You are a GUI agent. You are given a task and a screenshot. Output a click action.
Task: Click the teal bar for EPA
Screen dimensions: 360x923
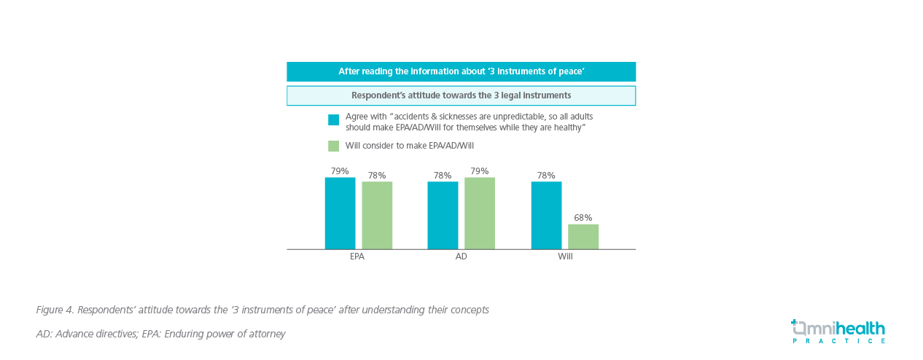tap(340, 213)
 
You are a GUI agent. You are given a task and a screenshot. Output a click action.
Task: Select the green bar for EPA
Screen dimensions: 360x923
tap(377, 215)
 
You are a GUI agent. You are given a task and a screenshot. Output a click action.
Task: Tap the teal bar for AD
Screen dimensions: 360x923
tap(443, 215)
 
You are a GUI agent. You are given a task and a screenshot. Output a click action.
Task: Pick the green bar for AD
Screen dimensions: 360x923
tap(480, 213)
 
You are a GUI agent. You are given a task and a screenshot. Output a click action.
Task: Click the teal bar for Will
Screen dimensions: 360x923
tap(546, 215)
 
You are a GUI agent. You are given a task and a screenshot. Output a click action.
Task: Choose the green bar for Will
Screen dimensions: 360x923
tap(583, 236)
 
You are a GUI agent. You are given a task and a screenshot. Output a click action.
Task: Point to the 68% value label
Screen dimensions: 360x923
tap(583, 218)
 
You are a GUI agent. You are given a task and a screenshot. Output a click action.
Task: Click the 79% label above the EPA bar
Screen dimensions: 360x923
tap(340, 171)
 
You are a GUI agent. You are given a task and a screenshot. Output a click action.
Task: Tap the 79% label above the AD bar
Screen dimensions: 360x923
tap(480, 171)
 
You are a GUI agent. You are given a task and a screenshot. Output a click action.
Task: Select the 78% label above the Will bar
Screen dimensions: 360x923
tap(546, 176)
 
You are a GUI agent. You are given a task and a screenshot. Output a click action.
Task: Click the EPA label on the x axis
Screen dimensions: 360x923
tap(357, 257)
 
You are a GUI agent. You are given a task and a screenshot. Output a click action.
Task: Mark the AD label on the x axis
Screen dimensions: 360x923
tap(461, 257)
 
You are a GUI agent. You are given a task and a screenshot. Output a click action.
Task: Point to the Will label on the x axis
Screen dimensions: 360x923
tap(565, 257)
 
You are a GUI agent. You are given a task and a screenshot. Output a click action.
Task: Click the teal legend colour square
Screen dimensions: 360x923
tap(333, 120)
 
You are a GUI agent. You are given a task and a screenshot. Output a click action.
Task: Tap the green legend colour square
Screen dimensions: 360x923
tap(333, 146)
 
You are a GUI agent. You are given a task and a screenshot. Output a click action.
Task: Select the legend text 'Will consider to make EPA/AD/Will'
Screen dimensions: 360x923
tap(409, 146)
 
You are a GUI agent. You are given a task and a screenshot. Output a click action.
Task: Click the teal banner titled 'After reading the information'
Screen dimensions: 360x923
tap(461, 71)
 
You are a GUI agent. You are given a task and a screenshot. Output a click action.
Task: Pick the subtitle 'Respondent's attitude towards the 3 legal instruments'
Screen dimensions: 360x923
tap(461, 95)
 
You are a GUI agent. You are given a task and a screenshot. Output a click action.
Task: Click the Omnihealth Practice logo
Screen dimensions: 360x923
tap(838, 332)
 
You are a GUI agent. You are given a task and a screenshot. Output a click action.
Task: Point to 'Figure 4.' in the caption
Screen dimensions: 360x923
tap(55, 310)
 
